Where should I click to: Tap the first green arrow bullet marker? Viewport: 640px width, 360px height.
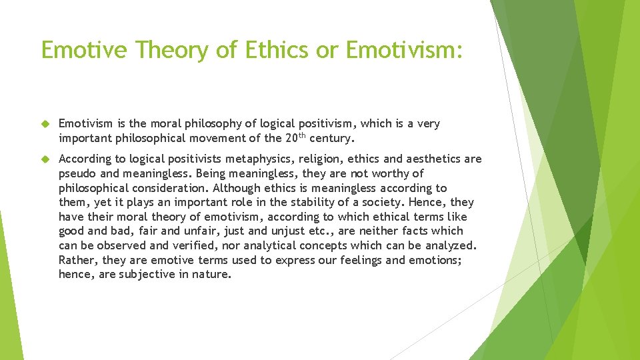[45, 124]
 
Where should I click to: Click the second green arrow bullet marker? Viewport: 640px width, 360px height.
[45, 159]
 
